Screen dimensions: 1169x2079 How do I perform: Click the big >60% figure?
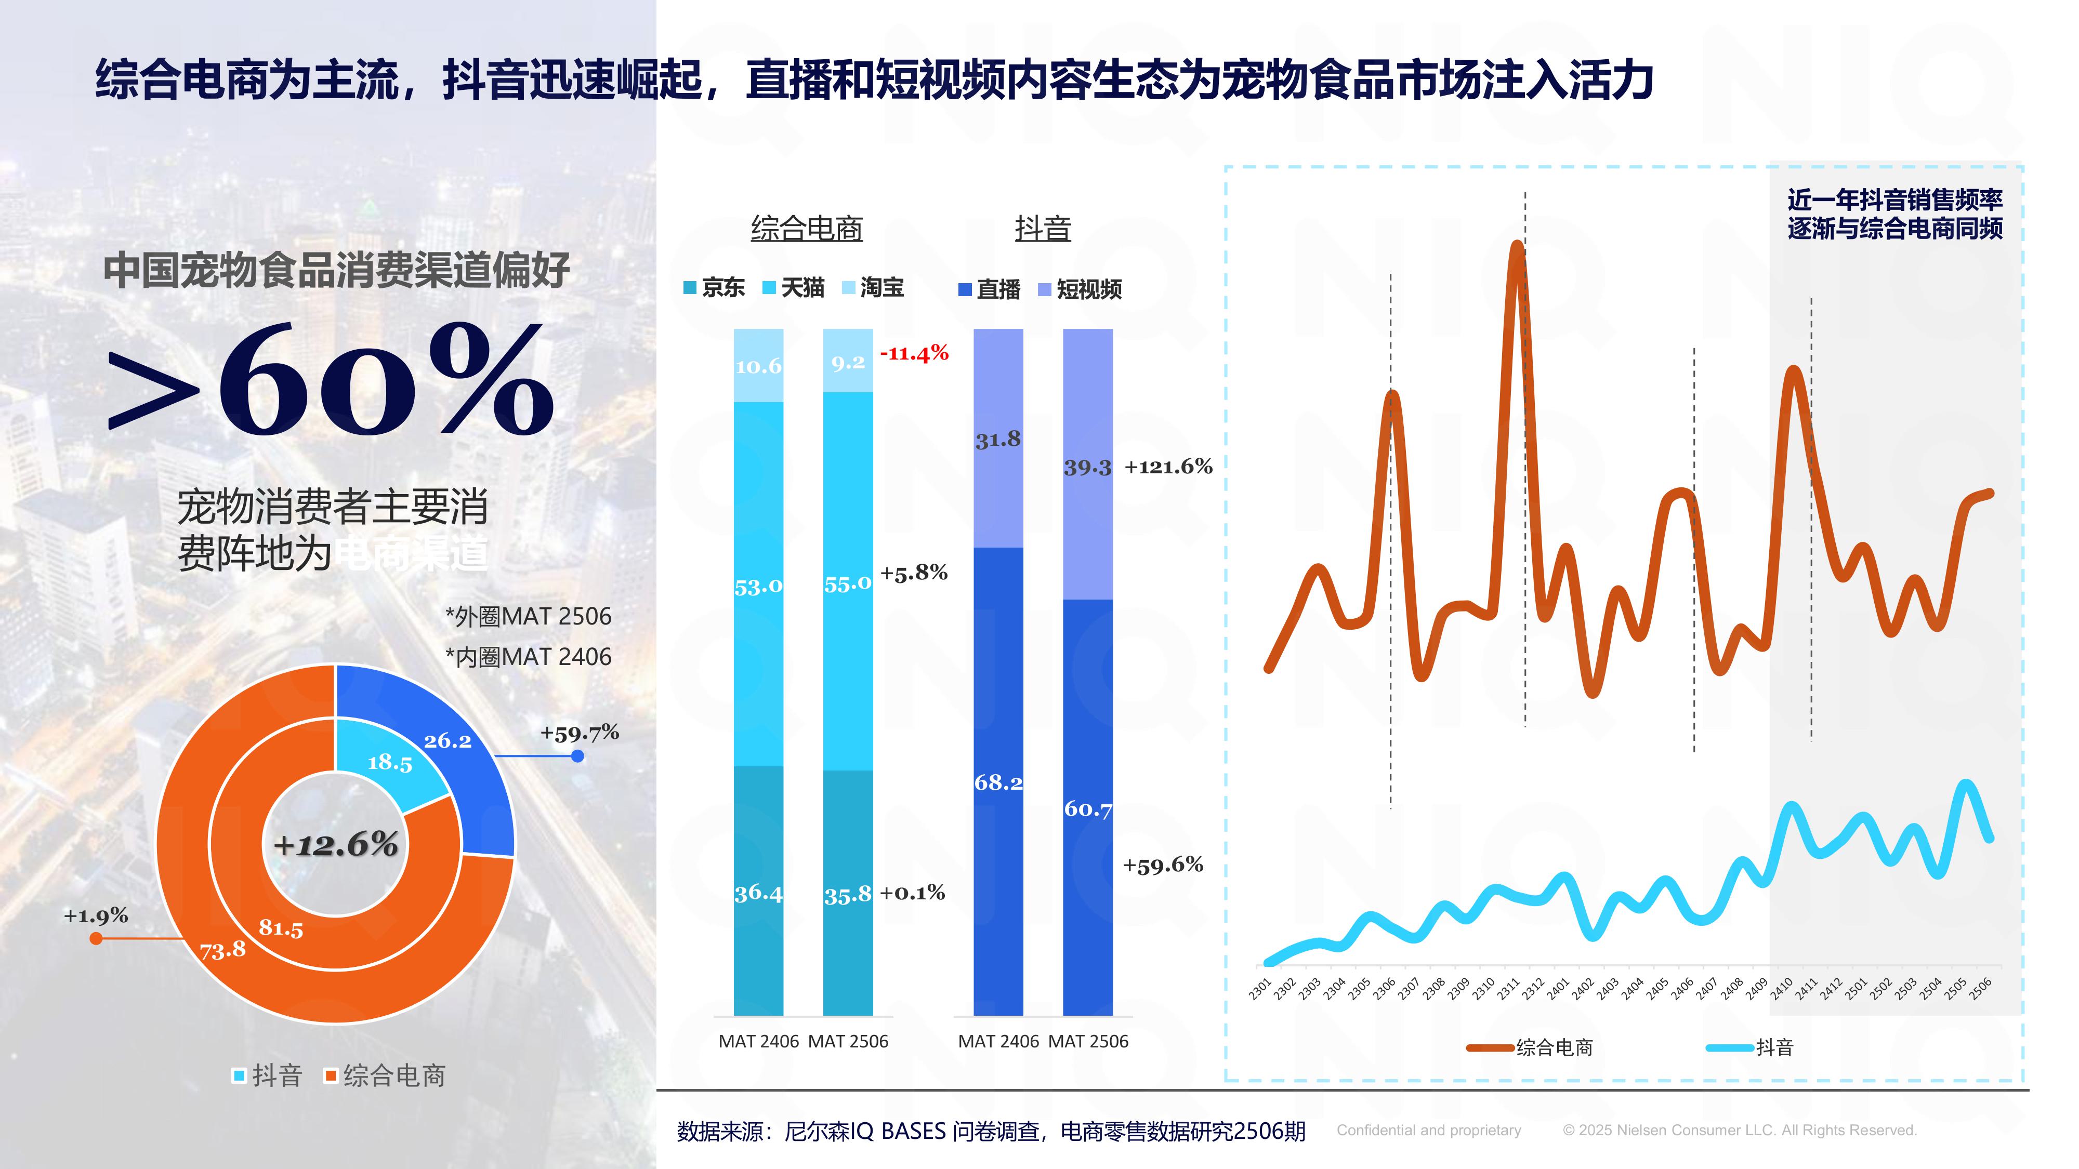(x=331, y=379)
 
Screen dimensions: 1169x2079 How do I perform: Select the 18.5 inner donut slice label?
(x=390, y=762)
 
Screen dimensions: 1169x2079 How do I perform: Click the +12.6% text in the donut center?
(x=336, y=845)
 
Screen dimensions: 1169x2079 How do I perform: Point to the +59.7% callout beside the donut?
(x=580, y=733)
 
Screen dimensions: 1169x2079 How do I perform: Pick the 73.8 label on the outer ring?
(x=223, y=950)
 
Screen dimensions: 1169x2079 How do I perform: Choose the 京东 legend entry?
(x=714, y=288)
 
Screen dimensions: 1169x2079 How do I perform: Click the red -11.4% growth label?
(x=914, y=353)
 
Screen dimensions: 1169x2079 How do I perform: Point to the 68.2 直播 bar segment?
(x=998, y=782)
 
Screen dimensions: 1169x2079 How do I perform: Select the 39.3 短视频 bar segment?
(x=1087, y=467)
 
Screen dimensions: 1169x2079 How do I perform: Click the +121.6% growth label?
(x=1168, y=467)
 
